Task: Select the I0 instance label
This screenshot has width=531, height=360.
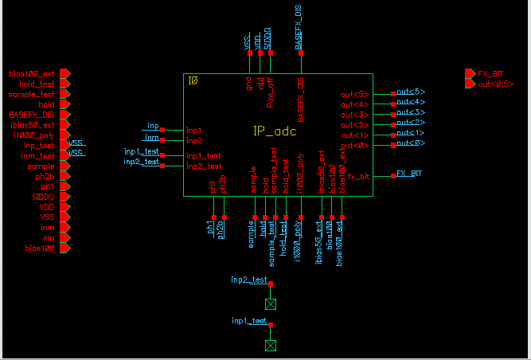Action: pyautogui.click(x=192, y=80)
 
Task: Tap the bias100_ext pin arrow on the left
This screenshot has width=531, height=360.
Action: pyautogui.click(x=66, y=73)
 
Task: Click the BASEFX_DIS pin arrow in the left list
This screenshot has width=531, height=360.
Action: pyautogui.click(x=66, y=115)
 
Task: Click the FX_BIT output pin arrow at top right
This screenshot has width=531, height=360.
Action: pyautogui.click(x=470, y=73)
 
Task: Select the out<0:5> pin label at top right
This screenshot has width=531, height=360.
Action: pyautogui.click(x=495, y=84)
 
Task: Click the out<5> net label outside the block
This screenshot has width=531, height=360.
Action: pyautogui.click(x=411, y=92)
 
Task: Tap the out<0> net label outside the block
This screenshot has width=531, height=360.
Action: pyautogui.click(x=411, y=144)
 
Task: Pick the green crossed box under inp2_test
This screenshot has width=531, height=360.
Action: pyautogui.click(x=271, y=304)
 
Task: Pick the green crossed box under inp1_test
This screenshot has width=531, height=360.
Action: pyautogui.click(x=271, y=345)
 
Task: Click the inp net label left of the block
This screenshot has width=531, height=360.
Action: pyautogui.click(x=153, y=126)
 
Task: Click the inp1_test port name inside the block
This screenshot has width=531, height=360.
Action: pyautogui.click(x=205, y=156)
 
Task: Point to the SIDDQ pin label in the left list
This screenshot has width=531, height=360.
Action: pyautogui.click(x=43, y=197)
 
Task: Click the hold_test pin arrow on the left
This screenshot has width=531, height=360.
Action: pyautogui.click(x=66, y=84)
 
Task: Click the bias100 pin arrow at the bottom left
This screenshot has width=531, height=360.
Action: pyautogui.click(x=66, y=248)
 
